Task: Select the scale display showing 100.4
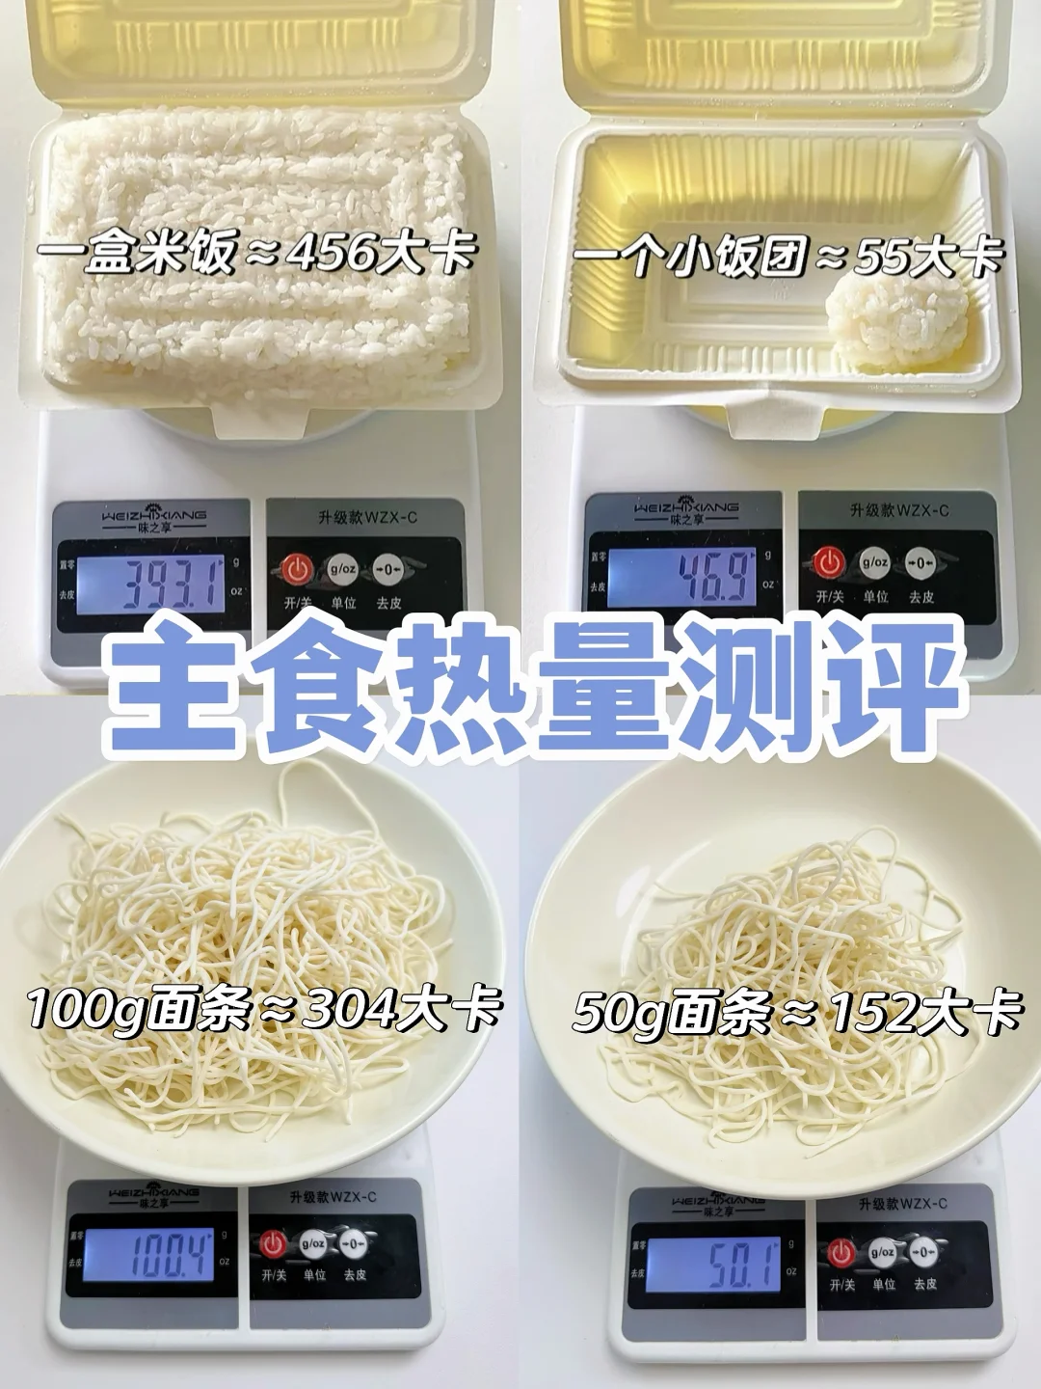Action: (147, 1255)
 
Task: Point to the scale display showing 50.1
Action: (713, 1265)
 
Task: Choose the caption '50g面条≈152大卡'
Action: (796, 1012)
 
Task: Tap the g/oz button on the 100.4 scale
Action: (313, 1244)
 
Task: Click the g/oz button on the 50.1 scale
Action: (882, 1253)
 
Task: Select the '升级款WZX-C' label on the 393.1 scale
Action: (367, 518)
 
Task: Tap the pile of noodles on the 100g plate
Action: (241, 926)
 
